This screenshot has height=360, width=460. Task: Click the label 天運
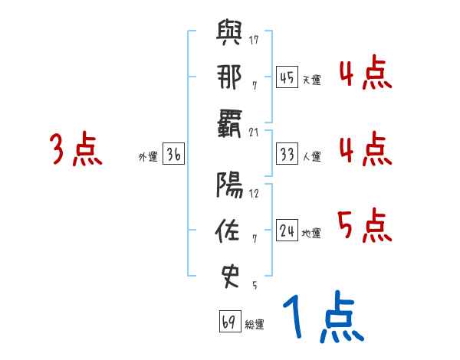pyautogui.click(x=311, y=80)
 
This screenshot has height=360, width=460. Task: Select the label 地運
pyautogui.click(x=311, y=233)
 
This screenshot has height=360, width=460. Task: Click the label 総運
pyautogui.click(x=255, y=324)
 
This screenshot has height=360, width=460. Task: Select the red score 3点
pyautogui.click(x=76, y=149)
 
